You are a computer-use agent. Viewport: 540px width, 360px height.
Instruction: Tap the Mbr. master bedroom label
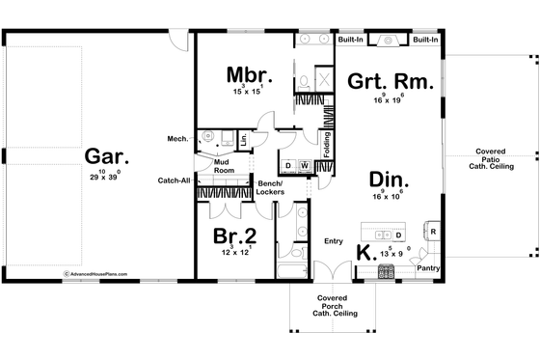[x=247, y=75]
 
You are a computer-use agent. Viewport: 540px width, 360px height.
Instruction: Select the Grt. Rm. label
[x=390, y=83]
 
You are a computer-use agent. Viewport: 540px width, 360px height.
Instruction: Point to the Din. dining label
[x=390, y=180]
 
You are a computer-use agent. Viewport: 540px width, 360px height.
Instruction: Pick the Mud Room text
[x=224, y=166]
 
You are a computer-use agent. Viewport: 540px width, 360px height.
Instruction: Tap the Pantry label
[x=429, y=269]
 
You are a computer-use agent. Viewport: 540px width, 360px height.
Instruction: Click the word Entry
[x=334, y=241]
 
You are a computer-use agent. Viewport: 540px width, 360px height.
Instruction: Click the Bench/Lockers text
[x=269, y=187]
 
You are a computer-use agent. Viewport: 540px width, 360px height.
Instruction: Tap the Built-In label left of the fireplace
[x=351, y=41]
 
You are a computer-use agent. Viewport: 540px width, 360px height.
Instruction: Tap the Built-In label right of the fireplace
[x=425, y=41]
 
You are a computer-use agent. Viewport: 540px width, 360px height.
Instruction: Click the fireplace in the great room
[x=388, y=41]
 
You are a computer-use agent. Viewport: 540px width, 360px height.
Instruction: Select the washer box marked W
[x=304, y=166]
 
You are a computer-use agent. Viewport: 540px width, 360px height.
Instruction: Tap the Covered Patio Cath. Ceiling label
[x=498, y=161]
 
